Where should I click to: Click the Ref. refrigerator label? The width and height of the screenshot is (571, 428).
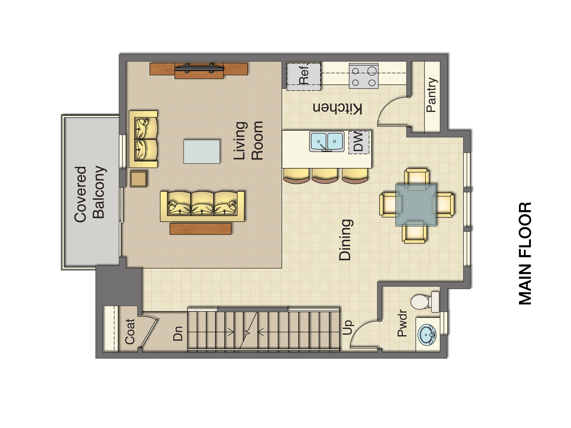304,74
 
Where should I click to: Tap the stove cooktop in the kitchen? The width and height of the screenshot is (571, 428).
363,76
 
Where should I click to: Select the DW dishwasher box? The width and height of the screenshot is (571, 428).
359,142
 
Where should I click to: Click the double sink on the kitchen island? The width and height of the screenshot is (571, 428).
327,142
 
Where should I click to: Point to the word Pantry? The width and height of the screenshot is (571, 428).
431,95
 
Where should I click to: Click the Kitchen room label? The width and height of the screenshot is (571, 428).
337,108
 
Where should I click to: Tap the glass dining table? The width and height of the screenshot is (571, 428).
416,205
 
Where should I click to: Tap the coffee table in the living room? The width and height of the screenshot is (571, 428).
201,152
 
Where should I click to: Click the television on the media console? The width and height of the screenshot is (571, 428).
199,68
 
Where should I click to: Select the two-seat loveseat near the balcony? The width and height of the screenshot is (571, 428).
143,139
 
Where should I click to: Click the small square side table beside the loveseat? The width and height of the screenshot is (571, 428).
138,179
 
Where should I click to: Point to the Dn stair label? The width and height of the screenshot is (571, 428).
178,334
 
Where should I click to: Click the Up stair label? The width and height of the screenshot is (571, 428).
348,327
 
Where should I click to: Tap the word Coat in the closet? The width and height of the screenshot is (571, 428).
130,332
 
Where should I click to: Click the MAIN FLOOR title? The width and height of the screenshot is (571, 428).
525,253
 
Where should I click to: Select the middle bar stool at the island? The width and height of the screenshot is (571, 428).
324,176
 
